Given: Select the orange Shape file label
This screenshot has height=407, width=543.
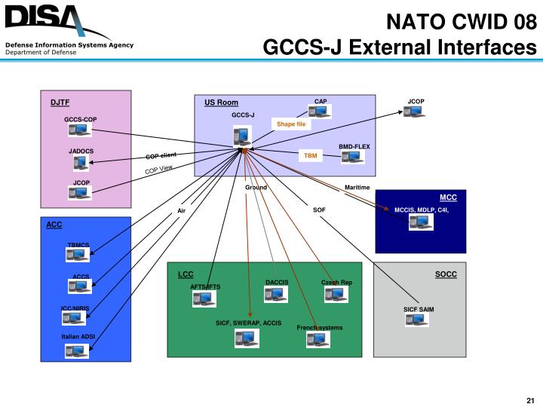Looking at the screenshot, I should coord(290,124).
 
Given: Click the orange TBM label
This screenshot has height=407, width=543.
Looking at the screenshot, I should coord(310,155).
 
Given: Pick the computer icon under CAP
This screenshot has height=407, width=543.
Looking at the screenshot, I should coord(320,112).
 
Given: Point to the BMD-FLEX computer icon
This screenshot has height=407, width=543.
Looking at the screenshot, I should coord(352,158).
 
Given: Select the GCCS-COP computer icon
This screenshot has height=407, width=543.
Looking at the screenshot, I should coord(79,130).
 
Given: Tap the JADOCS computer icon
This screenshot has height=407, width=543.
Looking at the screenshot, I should coord(80,163).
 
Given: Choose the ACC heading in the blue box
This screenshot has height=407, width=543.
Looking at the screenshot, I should coord(54,225).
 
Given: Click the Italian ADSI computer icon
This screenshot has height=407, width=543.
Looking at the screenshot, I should coord(77,350).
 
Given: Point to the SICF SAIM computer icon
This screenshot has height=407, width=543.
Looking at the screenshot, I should coord(417,319).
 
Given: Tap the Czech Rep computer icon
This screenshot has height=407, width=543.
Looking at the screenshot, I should coord(336,294).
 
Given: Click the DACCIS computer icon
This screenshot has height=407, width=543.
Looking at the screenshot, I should coord(276,294).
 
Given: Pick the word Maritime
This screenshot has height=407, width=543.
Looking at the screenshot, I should coord(357,187).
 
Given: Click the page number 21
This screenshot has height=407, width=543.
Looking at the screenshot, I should coord(529,399).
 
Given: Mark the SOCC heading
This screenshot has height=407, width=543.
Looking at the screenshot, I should coord(446,274).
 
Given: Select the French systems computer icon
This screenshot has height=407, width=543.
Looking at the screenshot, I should coord(318,339).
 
